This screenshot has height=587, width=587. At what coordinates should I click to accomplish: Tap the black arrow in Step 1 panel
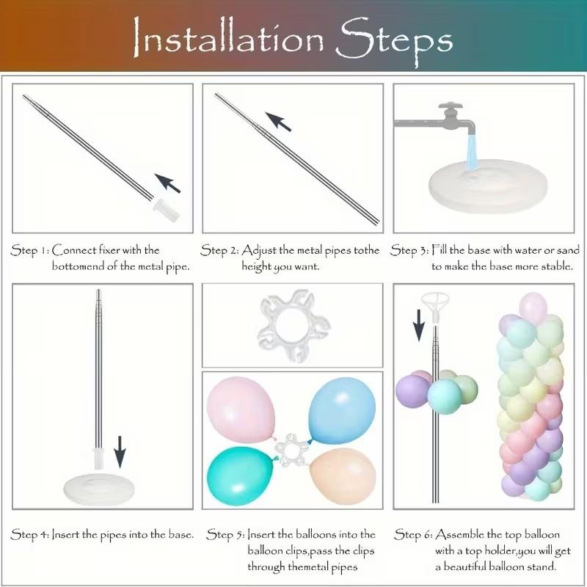coord(168,183)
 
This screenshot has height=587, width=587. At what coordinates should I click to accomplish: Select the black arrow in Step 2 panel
coord(278,122)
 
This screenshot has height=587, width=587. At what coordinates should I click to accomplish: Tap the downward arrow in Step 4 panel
coord(120,452)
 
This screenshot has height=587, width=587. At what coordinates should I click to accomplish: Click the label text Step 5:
coord(226,534)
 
